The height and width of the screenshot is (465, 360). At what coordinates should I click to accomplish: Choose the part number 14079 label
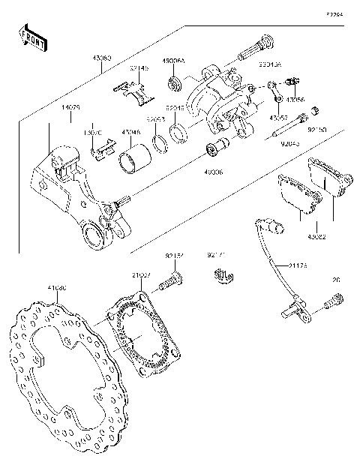tap(72, 108)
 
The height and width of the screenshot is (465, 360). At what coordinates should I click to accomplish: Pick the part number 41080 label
tap(57, 286)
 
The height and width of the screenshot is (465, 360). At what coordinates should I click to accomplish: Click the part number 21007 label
tap(142, 275)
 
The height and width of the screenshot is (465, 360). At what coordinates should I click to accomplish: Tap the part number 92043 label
tap(290, 142)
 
